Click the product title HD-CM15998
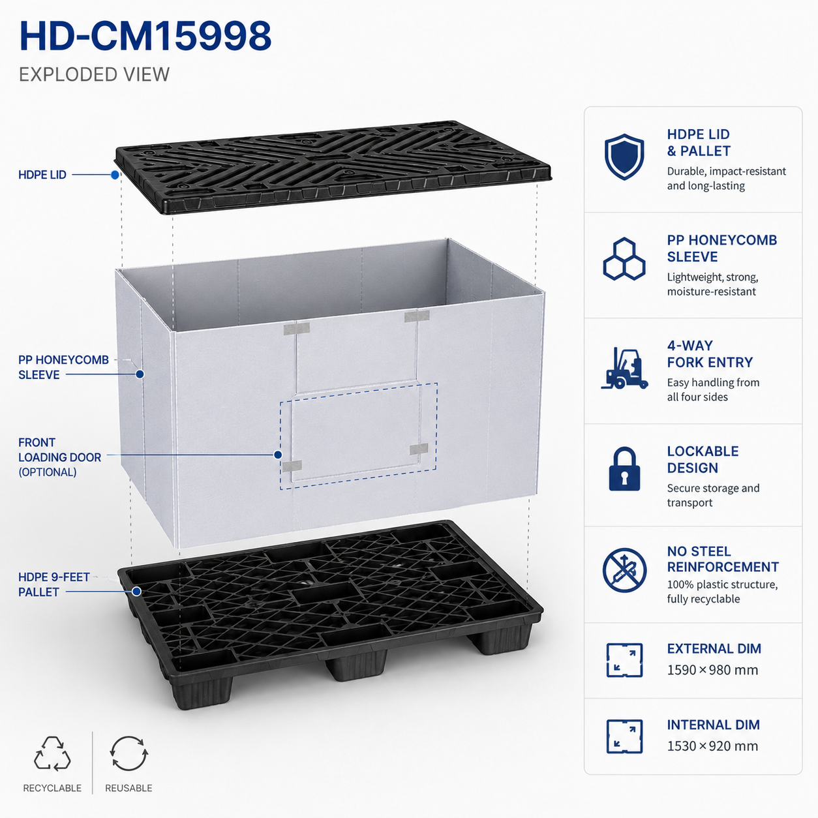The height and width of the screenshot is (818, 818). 145,36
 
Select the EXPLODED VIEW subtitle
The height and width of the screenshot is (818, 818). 94,75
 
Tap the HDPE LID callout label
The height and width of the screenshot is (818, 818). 42,175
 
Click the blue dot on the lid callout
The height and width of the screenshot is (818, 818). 115,174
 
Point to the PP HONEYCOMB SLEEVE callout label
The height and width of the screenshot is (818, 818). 64,367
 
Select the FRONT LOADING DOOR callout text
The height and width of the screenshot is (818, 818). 60,457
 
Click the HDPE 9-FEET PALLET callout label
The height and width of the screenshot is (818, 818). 54,584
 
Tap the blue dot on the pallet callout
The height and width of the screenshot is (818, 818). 137,591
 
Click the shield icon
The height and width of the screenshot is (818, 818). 624,157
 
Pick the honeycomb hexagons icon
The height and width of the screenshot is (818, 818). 624,259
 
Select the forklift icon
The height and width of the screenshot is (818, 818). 624,369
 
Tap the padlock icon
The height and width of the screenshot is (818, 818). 624,469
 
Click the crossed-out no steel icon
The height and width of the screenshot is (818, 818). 624,570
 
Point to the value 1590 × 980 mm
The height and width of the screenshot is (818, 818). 712,670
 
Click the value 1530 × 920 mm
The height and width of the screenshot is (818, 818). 712,746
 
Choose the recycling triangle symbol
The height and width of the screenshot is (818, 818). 52,753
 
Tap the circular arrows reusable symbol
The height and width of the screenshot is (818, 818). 129,753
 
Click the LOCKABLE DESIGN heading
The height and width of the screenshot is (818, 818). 703,459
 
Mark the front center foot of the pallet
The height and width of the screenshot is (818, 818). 356,664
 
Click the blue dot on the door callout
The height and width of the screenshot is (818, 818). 278,455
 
